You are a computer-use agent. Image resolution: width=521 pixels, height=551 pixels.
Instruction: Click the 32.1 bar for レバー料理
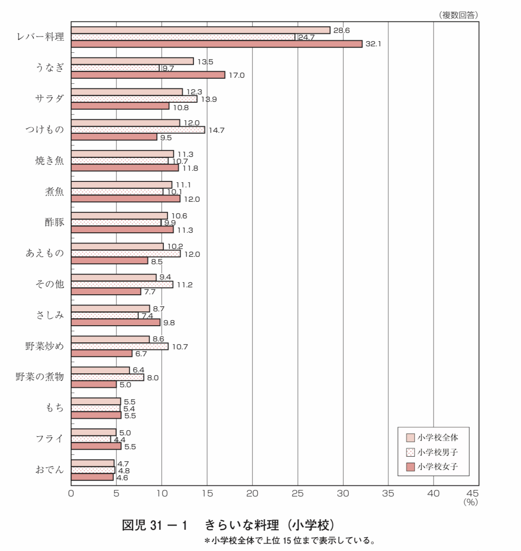[x=216, y=44]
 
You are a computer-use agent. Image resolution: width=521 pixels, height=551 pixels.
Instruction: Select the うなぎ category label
[x=50, y=68]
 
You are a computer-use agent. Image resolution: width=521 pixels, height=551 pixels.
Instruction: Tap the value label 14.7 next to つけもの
[x=216, y=130]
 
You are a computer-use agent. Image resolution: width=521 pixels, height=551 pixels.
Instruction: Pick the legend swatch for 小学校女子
[x=410, y=467]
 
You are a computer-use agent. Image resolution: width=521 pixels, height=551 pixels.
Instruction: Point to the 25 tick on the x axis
[x=298, y=494]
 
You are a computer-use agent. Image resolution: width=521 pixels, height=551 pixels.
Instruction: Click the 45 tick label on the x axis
[x=473, y=494]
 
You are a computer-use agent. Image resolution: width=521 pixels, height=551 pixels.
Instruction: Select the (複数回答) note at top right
[x=458, y=15]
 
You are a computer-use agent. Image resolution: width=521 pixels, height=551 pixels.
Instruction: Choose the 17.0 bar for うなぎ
[x=148, y=75]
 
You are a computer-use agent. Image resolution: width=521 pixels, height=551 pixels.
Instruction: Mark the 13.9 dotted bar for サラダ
[x=134, y=99]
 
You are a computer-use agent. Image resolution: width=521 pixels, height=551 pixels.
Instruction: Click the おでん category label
[x=50, y=470]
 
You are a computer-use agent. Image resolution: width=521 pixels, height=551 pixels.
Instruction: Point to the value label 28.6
[x=342, y=30]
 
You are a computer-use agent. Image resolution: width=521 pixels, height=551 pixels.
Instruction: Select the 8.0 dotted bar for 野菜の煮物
[x=107, y=378]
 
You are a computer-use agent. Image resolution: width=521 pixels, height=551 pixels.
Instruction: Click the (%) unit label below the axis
[x=470, y=502]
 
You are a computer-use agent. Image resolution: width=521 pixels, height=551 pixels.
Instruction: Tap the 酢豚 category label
[x=55, y=223]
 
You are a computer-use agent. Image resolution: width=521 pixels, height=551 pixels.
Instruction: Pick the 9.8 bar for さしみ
[x=116, y=322]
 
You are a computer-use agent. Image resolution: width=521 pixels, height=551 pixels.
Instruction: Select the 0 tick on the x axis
[x=71, y=494]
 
